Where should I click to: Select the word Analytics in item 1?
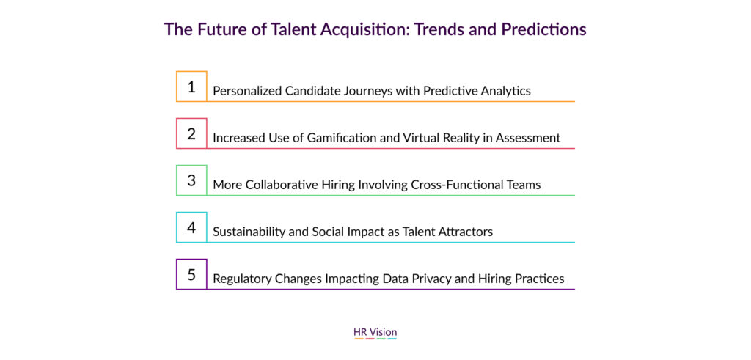(507, 91)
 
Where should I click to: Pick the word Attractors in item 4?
(468, 232)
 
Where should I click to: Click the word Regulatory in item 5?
(241, 279)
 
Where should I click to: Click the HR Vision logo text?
(375, 331)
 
